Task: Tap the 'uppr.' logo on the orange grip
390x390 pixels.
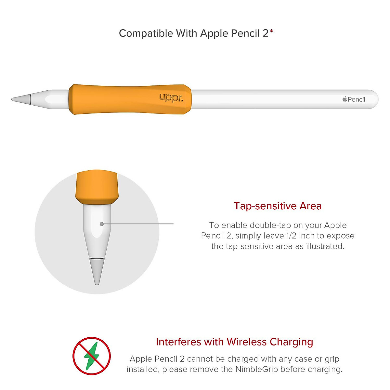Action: (171, 97)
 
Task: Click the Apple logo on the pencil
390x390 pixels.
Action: (345, 99)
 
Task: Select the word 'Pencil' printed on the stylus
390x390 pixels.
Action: (357, 99)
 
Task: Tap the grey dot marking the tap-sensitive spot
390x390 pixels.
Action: (102, 224)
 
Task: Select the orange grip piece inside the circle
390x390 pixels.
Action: (97, 187)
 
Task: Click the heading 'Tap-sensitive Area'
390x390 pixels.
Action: (278, 206)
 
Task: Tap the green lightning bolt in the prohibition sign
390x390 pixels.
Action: (91, 356)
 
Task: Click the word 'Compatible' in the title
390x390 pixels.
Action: (146, 33)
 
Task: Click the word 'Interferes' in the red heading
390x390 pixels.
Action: (178, 342)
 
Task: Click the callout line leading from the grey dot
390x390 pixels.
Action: (140, 224)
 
